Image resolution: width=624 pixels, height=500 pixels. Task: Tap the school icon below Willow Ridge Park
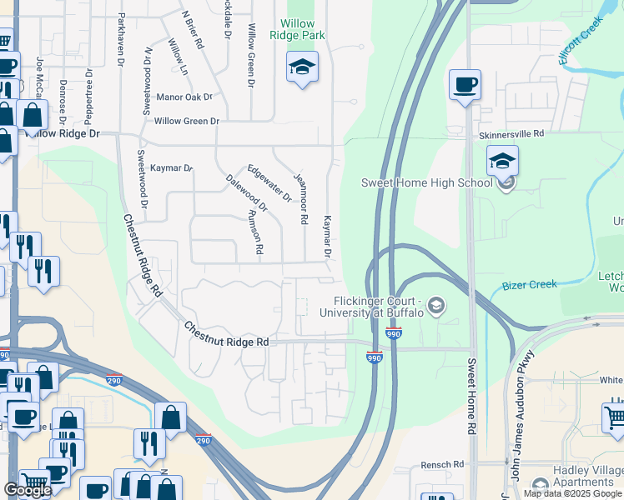pos(302,67)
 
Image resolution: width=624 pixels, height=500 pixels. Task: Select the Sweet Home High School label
pos(427,182)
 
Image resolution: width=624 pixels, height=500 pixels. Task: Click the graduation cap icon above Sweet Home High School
pos(503,160)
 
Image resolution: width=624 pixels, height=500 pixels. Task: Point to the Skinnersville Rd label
pos(511,133)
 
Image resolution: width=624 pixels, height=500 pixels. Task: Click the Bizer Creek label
pos(530,285)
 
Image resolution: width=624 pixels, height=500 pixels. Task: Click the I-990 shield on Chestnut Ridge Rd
pos(374,357)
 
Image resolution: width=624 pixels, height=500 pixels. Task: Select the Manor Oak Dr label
pos(190,97)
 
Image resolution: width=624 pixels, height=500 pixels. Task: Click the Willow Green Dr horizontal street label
pos(186,122)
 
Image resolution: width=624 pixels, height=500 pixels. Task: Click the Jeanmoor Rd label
pos(300,199)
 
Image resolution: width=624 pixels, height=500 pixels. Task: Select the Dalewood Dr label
pos(247,192)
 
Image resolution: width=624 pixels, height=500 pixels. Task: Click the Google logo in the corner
pos(28,490)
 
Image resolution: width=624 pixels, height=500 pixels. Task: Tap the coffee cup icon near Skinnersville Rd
pos(465,83)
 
